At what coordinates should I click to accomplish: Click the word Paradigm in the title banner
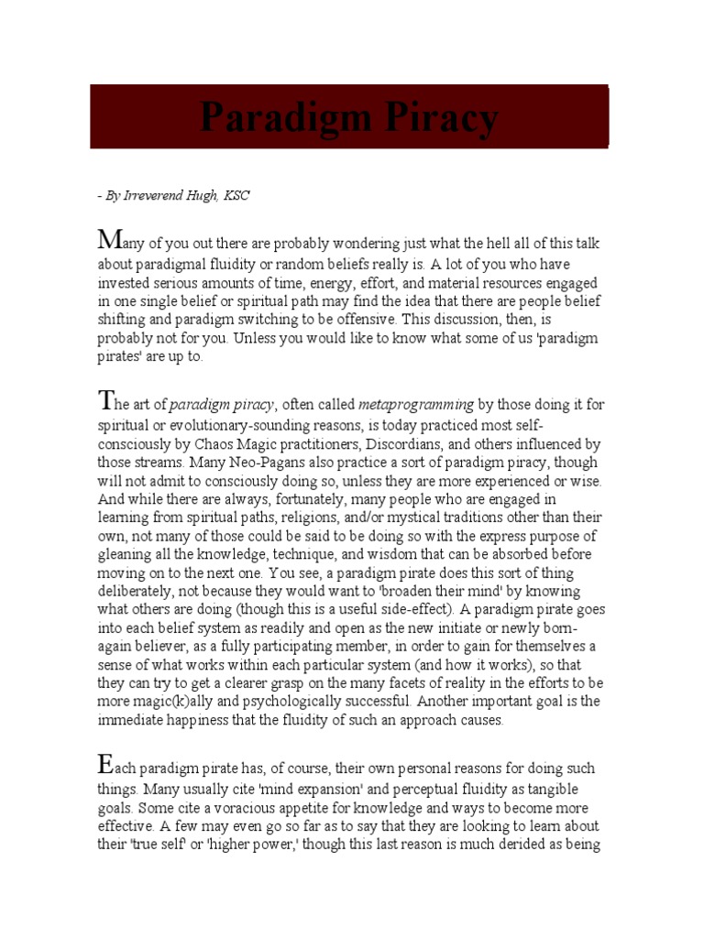[279, 117]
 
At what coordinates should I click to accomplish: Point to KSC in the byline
[236, 195]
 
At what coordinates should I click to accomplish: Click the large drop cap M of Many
[109, 241]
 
